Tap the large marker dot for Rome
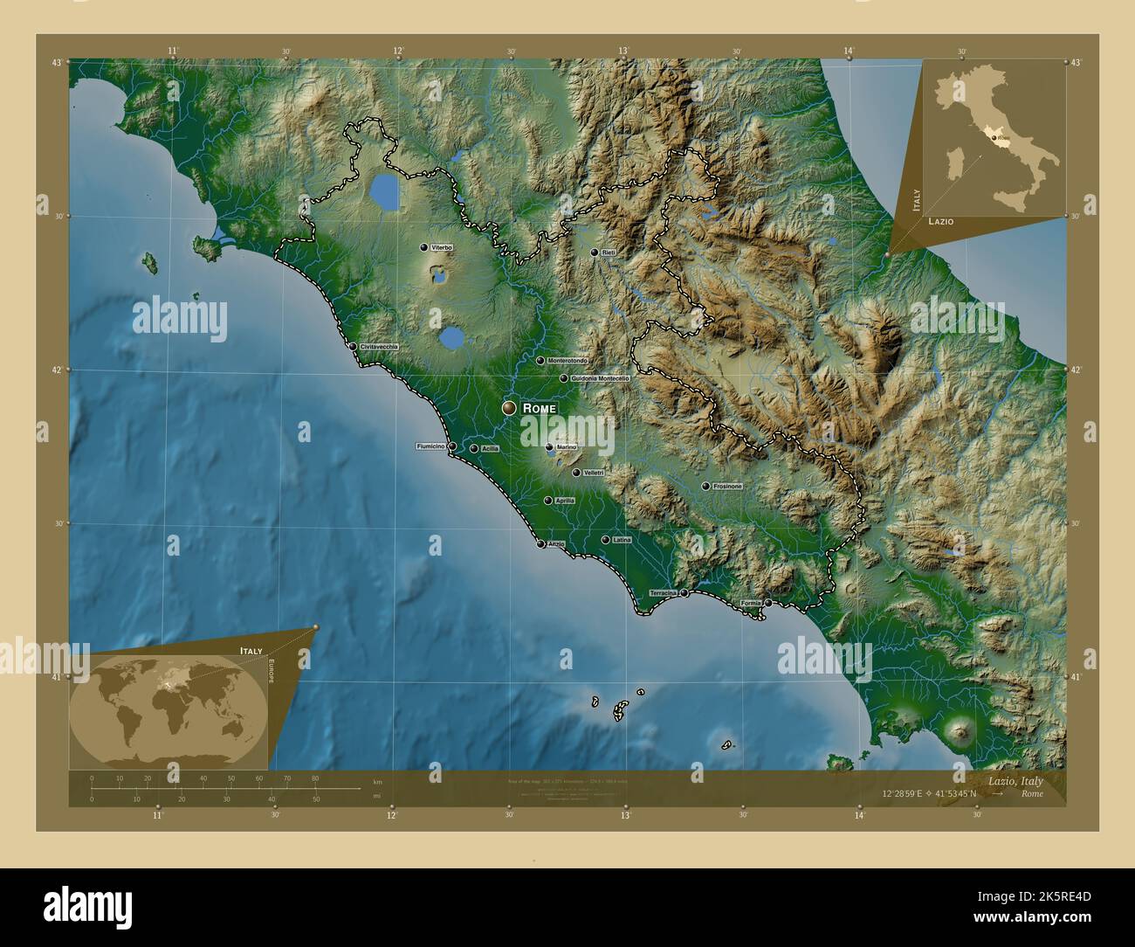[509, 408]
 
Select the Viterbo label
[442, 248]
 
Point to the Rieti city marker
[595, 252]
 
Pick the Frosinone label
[727, 486]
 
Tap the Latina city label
[622, 540]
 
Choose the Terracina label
[663, 593]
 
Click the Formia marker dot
[768, 603]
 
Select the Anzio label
[556, 544]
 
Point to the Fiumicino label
[431, 446]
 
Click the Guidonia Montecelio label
[599, 378]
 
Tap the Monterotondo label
[567, 360]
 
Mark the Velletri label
[594, 473]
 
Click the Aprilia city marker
[548, 501]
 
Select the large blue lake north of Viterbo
[385, 191]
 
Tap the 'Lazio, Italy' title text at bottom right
[1015, 781]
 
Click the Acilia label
[490, 449]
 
